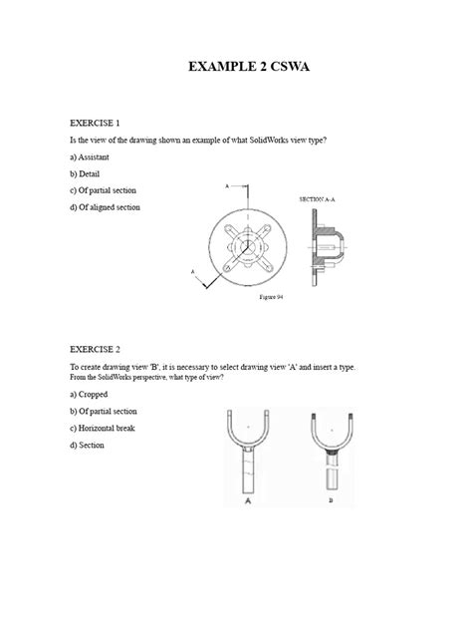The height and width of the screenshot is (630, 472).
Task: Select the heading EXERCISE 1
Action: coord(95,123)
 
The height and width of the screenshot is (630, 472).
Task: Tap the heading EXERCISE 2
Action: coord(95,350)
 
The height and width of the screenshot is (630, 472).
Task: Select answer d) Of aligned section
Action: coord(106,207)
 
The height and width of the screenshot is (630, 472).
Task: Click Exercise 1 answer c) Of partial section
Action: coord(104,190)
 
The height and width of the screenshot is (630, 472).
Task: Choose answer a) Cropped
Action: coord(91,396)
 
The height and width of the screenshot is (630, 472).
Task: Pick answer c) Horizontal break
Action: coord(103,429)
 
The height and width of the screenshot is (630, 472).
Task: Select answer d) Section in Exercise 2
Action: coord(88,446)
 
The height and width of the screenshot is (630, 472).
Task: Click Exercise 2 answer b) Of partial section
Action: coord(104,412)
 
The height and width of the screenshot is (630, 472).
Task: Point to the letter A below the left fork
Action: coord(246,504)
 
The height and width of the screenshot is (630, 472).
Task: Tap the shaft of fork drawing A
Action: coord(246,473)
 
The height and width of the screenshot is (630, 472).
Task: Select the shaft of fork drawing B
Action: coord(330,476)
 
